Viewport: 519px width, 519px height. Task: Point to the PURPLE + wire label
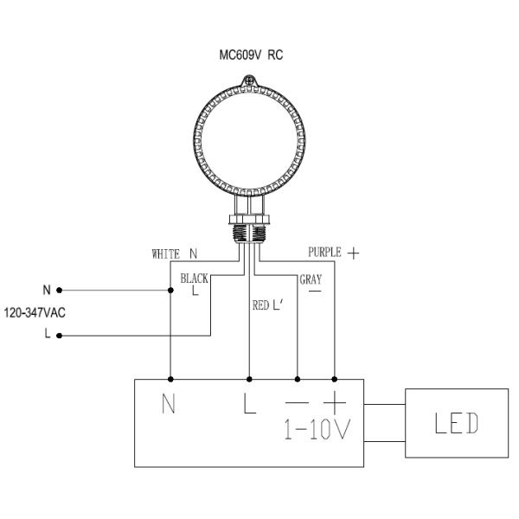[332, 253]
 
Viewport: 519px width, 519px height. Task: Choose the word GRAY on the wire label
[311, 279]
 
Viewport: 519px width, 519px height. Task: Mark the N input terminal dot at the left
[59, 290]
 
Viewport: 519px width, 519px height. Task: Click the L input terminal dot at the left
[59, 336]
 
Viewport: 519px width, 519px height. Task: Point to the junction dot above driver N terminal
[171, 379]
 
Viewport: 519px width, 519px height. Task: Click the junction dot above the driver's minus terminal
[298, 379]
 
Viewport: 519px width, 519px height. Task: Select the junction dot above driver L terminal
[250, 379]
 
